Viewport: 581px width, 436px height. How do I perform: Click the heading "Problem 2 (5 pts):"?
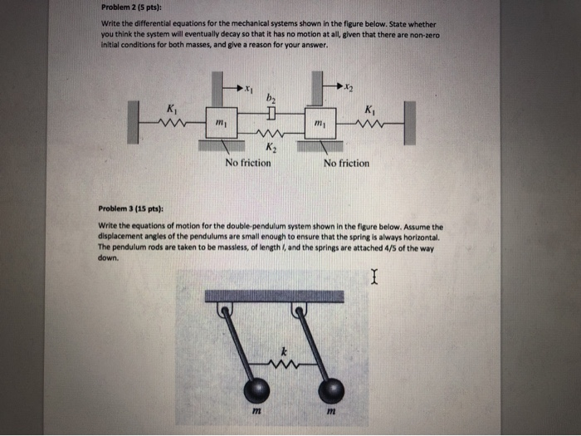[129, 10]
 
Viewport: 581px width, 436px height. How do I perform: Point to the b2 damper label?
[271, 99]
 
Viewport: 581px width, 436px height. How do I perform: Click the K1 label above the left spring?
[171, 110]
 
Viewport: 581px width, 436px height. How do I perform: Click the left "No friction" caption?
[247, 163]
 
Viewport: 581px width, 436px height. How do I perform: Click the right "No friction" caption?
[347, 163]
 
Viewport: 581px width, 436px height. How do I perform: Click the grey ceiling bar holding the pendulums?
[275, 296]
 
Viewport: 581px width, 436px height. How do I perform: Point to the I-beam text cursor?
[375, 275]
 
